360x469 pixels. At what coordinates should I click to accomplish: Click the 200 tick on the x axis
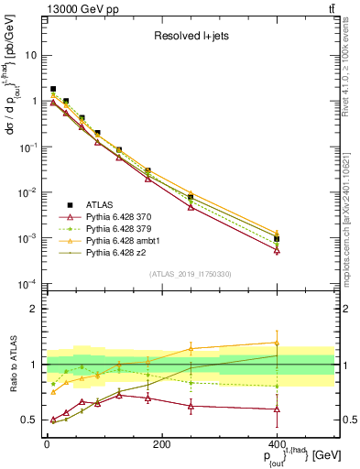point(161,444)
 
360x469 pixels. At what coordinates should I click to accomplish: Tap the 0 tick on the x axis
point(47,444)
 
